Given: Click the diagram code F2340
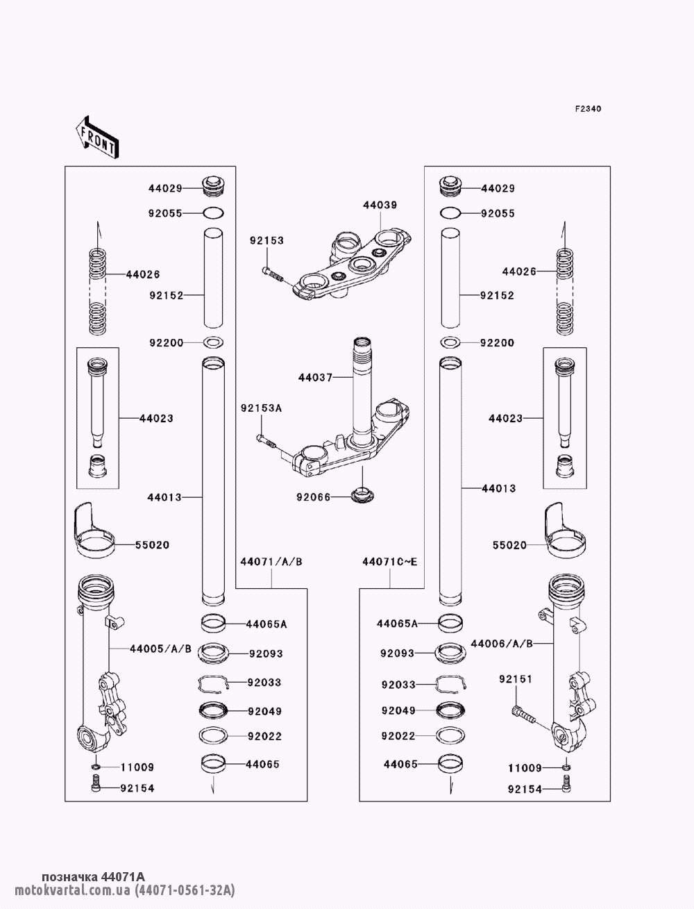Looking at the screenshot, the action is tap(588, 109).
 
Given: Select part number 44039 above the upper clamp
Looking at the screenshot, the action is tap(380, 205).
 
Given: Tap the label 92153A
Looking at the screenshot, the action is tap(261, 408).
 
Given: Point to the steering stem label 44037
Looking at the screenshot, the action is tap(315, 378).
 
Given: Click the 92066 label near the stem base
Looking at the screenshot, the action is tap(313, 497).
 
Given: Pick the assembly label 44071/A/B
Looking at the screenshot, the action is tap(271, 562).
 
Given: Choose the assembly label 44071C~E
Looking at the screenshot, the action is tap(390, 562).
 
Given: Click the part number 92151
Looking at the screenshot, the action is tap(516, 679).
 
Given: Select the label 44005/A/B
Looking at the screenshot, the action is tap(160, 649).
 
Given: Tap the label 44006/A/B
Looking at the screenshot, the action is tap(502, 644).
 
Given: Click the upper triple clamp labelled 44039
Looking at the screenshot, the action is tap(352, 266).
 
